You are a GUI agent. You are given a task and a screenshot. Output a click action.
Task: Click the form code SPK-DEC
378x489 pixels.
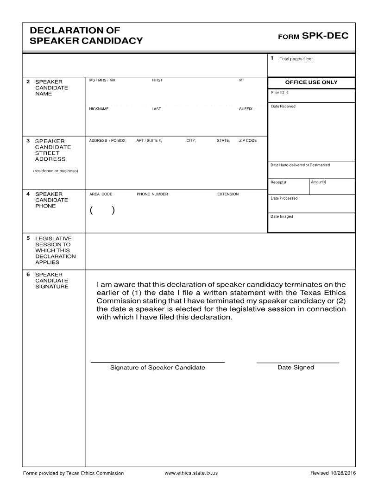(x=324, y=36)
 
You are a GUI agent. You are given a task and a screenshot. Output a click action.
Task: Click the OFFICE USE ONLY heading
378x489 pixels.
(x=311, y=82)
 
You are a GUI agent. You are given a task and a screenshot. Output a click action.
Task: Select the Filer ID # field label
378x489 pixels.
(x=280, y=93)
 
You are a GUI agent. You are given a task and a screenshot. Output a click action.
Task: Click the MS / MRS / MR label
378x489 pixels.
(x=102, y=81)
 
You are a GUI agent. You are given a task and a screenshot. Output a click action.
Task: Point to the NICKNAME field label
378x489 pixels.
(x=99, y=109)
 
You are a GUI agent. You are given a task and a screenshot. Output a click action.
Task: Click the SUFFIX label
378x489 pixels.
(x=246, y=109)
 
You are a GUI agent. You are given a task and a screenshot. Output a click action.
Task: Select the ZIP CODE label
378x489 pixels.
(x=248, y=140)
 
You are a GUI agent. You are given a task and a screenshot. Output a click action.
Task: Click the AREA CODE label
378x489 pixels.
(x=101, y=194)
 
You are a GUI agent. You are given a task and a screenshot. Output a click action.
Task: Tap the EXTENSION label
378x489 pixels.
(x=228, y=194)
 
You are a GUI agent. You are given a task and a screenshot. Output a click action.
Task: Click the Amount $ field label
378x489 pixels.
(x=319, y=182)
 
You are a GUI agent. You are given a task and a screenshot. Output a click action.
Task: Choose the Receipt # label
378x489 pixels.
(x=278, y=182)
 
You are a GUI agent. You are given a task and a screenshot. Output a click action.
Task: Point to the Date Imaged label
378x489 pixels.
(x=282, y=216)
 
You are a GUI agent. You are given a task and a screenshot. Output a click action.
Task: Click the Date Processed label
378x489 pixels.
(x=284, y=198)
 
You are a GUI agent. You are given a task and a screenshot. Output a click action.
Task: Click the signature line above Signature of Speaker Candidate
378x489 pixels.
(x=157, y=362)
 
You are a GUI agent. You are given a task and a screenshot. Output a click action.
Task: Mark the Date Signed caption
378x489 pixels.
(x=296, y=368)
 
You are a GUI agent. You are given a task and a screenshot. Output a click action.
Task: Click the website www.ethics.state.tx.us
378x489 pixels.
(x=191, y=473)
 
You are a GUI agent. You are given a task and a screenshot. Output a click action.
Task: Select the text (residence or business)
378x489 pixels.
(x=56, y=171)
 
